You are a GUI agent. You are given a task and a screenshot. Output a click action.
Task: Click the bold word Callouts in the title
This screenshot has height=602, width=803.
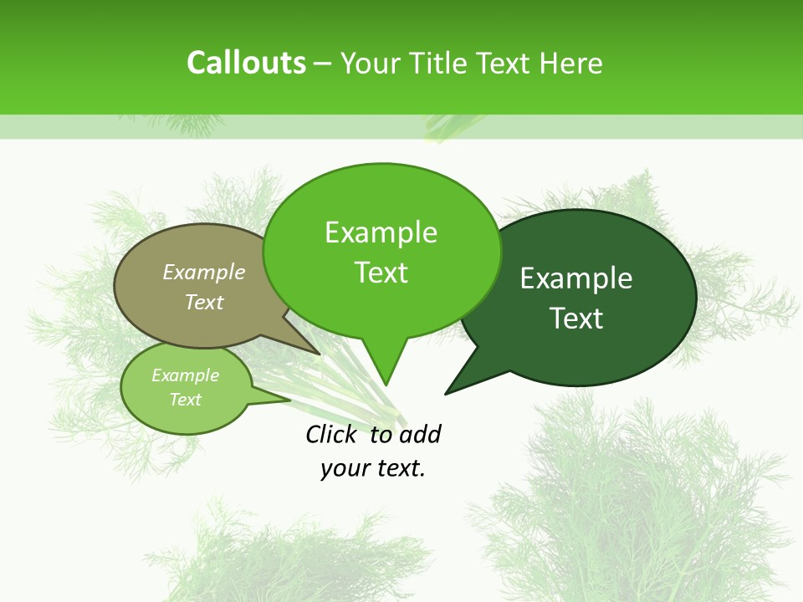[x=246, y=63]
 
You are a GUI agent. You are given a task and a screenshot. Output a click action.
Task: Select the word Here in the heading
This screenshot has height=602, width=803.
[x=570, y=63]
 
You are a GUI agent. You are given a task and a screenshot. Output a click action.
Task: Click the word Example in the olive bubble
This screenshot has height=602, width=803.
[x=204, y=272]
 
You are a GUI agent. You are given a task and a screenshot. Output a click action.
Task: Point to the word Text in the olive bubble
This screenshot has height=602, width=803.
[x=204, y=302]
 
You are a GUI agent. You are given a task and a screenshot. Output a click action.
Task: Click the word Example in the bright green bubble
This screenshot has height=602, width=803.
[x=381, y=232]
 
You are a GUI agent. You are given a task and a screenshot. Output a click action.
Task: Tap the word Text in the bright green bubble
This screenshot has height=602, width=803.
[x=381, y=273]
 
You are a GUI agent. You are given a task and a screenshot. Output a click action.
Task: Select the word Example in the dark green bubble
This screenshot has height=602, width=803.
[x=576, y=278]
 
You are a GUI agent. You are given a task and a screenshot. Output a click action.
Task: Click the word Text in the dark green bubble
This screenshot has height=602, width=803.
[x=576, y=319]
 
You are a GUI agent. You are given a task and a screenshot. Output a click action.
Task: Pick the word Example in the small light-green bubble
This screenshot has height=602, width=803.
[x=185, y=375]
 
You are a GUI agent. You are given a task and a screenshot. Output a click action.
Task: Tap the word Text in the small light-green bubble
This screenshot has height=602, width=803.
[x=185, y=400]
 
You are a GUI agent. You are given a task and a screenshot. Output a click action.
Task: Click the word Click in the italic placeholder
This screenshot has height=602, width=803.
[x=333, y=434]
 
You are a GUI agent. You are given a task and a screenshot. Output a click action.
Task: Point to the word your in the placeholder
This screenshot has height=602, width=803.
[x=343, y=468]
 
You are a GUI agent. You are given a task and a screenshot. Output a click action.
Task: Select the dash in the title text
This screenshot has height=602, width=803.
[x=323, y=64]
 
